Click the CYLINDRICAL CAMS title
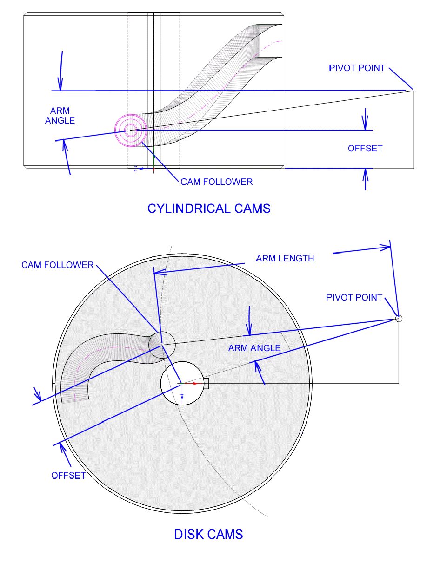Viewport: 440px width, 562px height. point(209,209)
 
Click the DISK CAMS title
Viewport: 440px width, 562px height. point(208,535)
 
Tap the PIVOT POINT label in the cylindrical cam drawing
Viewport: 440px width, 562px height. point(357,68)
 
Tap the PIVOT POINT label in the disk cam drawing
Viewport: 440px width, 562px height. point(354,297)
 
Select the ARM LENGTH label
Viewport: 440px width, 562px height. point(285,259)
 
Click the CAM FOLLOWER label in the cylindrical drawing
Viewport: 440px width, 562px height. point(217,182)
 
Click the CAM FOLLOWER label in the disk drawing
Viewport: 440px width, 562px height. point(58,265)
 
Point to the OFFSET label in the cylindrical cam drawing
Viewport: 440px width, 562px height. point(365,149)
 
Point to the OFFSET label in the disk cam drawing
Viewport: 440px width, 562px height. point(68,476)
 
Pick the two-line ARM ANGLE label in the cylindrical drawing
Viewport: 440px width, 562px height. point(60,116)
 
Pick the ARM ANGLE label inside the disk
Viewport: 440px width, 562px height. point(254,348)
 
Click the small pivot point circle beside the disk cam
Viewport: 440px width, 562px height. point(398,319)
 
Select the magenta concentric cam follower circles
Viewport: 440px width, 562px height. point(131,131)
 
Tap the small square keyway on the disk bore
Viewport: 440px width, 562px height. point(207,384)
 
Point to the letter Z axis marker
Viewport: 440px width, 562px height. point(135,169)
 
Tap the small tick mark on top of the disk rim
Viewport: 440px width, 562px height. point(183,254)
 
